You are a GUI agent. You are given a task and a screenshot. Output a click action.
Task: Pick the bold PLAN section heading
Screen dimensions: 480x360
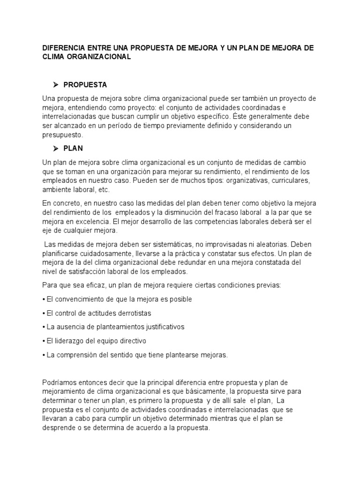coord(73,149)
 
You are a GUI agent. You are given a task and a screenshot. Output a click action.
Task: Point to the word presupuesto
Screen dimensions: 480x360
coord(62,135)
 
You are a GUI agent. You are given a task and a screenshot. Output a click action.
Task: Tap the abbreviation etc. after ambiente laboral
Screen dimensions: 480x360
coord(103,189)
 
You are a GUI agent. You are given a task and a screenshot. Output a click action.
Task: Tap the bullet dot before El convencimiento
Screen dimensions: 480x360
coord(44,299)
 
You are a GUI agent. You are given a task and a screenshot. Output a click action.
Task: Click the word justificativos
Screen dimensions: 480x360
coord(159,327)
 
